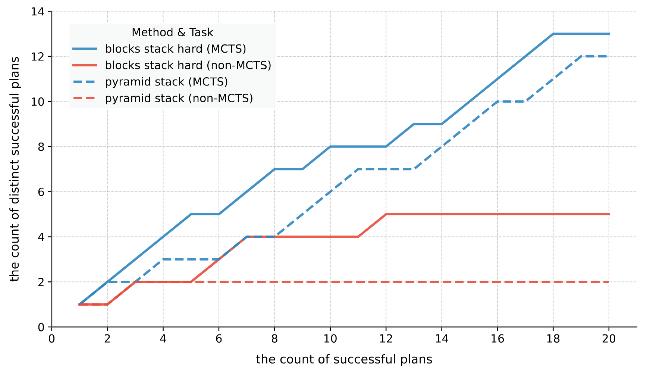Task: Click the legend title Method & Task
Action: click(x=172, y=32)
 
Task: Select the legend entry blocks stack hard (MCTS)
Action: click(x=175, y=49)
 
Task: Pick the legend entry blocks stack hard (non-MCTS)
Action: click(x=188, y=65)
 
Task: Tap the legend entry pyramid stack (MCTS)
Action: click(x=166, y=82)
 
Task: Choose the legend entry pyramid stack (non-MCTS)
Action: click(x=179, y=98)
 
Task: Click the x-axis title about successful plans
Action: click(x=344, y=359)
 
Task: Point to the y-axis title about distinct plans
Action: click(x=15, y=169)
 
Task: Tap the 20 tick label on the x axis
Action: click(x=609, y=339)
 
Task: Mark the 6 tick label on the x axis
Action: click(x=219, y=339)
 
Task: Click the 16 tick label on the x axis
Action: click(x=497, y=339)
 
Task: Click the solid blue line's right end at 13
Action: click(x=609, y=34)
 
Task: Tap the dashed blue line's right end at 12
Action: click(x=609, y=56)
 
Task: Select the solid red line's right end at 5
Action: click(x=609, y=214)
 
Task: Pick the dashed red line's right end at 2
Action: click(x=609, y=282)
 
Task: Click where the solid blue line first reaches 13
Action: click(x=553, y=34)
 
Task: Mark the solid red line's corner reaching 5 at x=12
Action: click(x=386, y=214)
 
